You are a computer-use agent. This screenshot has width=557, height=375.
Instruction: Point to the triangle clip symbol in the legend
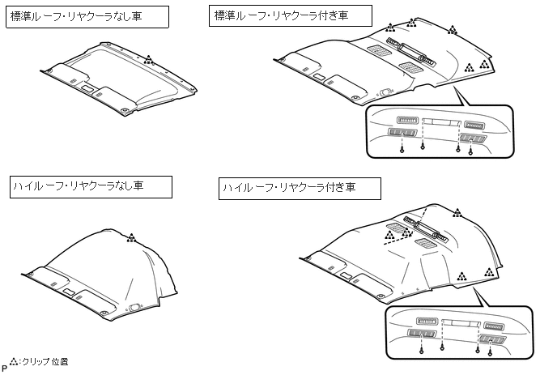click(x=14, y=361)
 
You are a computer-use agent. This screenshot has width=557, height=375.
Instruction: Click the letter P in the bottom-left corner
click(x=4, y=368)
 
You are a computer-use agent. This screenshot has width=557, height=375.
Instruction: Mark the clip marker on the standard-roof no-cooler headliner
click(x=148, y=59)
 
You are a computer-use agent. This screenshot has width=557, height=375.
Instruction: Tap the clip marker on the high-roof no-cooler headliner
click(x=131, y=237)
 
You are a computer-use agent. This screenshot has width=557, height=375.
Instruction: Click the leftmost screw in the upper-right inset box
click(x=402, y=149)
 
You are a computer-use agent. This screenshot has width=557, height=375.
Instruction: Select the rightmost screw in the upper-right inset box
click(x=470, y=151)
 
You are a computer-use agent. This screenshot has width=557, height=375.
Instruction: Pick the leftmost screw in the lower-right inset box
click(x=423, y=352)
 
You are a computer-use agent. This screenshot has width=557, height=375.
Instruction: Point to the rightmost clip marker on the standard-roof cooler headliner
click(x=483, y=62)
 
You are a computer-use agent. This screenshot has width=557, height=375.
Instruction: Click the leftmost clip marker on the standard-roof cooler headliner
click(x=391, y=28)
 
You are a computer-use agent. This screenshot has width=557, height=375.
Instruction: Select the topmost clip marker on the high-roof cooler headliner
click(x=457, y=213)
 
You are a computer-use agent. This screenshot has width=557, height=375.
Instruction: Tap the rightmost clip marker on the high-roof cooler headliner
click(x=488, y=273)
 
